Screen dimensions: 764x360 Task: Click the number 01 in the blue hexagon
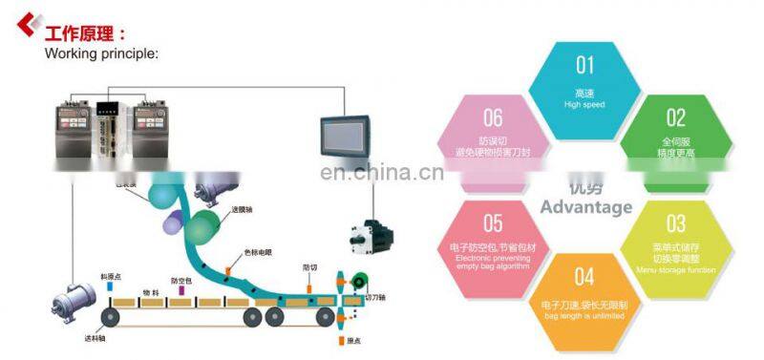coord(584,65)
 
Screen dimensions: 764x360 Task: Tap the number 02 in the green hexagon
coord(676,117)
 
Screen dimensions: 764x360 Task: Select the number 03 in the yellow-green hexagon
coord(676,223)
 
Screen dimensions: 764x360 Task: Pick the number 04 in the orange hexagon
coord(584,277)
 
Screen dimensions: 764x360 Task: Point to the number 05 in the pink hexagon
coord(493,223)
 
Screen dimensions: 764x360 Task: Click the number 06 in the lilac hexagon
coord(493,117)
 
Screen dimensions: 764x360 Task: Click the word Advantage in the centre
coord(585,207)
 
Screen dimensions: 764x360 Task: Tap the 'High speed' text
coord(584,104)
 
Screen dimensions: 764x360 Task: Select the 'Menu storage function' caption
coord(676,269)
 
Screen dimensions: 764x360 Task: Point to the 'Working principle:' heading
coord(101,53)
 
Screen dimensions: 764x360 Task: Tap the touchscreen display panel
coord(346,139)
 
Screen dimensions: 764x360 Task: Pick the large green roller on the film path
coord(202,227)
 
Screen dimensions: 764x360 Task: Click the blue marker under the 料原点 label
coord(110,286)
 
